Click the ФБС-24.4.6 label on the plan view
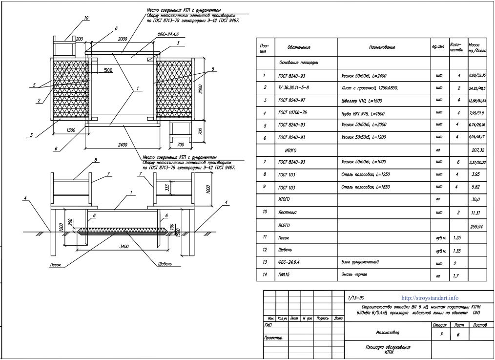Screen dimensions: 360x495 168,36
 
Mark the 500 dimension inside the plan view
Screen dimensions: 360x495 108,70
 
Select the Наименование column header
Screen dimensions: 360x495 382,47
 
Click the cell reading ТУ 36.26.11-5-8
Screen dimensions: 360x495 293,87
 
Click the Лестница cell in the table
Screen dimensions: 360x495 288,213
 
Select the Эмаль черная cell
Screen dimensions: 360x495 354,275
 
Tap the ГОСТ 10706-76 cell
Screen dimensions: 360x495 293,113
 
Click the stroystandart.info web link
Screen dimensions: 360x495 430,297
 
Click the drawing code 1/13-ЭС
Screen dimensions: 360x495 356,297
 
